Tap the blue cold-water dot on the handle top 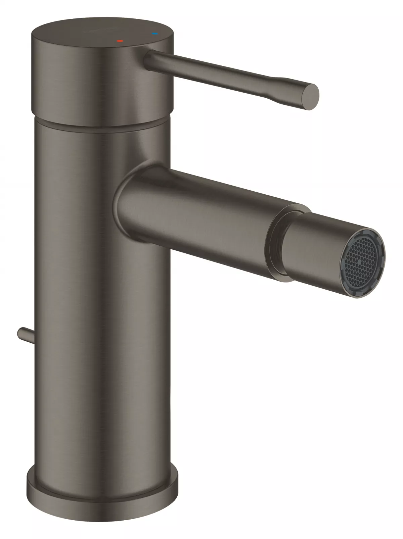[x=155, y=34]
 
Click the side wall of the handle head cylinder [x=101, y=84]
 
